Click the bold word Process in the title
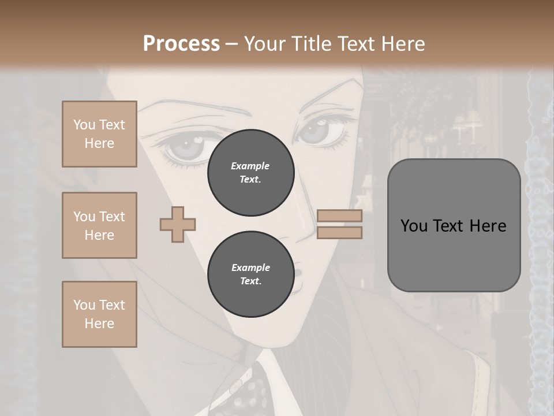click(181, 44)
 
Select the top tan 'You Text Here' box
click(99, 134)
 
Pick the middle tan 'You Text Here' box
click(99, 225)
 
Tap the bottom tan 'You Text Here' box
click(99, 314)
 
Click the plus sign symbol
click(178, 225)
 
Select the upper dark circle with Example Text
click(250, 173)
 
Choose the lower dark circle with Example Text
click(250, 274)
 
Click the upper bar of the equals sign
click(339, 216)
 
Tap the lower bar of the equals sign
click(339, 233)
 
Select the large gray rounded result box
click(454, 225)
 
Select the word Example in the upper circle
click(250, 166)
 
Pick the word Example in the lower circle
click(250, 268)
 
